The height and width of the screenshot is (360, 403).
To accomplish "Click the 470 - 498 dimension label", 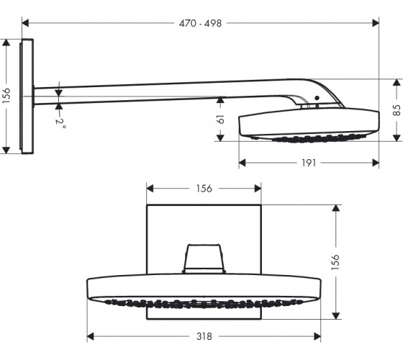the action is coord(200,23).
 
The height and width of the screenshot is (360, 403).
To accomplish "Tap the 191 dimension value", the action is coord(309,163).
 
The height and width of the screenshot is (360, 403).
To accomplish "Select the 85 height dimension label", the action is coord(397,110).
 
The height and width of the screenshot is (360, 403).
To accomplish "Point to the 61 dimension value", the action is coord(220,120).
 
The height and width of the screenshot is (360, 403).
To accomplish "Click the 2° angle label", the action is coord(60,124).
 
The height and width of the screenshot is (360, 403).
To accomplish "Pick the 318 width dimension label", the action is coord(204,336).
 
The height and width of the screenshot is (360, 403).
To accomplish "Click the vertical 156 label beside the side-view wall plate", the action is coord(6,96).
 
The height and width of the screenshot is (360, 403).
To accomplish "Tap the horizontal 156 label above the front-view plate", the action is coord(204,189).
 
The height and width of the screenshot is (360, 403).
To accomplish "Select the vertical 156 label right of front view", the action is coord(335,262).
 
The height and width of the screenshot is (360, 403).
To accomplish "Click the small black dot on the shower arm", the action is coord(317,98).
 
